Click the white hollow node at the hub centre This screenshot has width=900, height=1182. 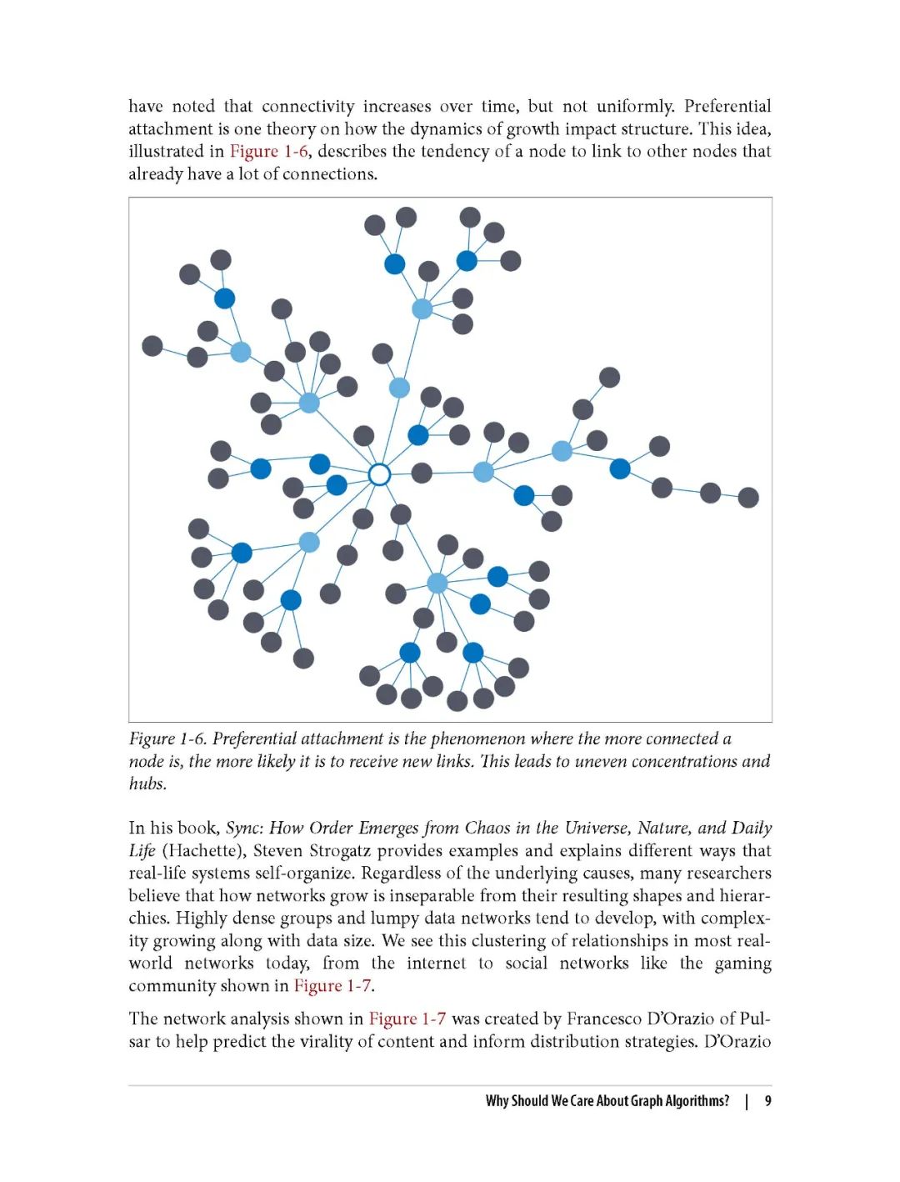pyautogui.click(x=379, y=474)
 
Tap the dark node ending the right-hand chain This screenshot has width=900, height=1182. pyautogui.click(x=748, y=498)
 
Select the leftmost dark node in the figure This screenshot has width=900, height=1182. pyautogui.click(x=152, y=345)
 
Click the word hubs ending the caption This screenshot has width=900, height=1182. pyautogui.click(x=147, y=784)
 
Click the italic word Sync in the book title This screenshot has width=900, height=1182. pyautogui.click(x=242, y=828)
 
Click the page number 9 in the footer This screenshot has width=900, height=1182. pyautogui.click(x=767, y=1101)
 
